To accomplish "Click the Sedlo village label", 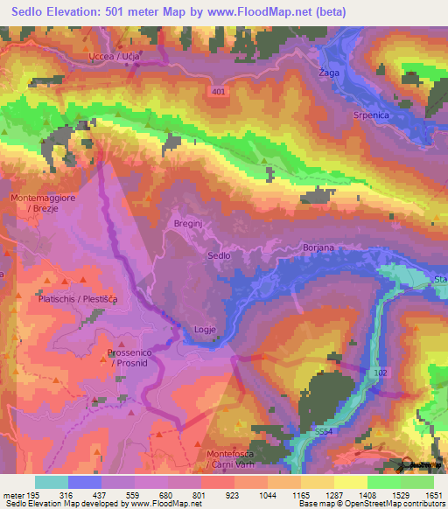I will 219,255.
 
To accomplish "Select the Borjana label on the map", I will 318,248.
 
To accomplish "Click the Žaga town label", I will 329,72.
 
